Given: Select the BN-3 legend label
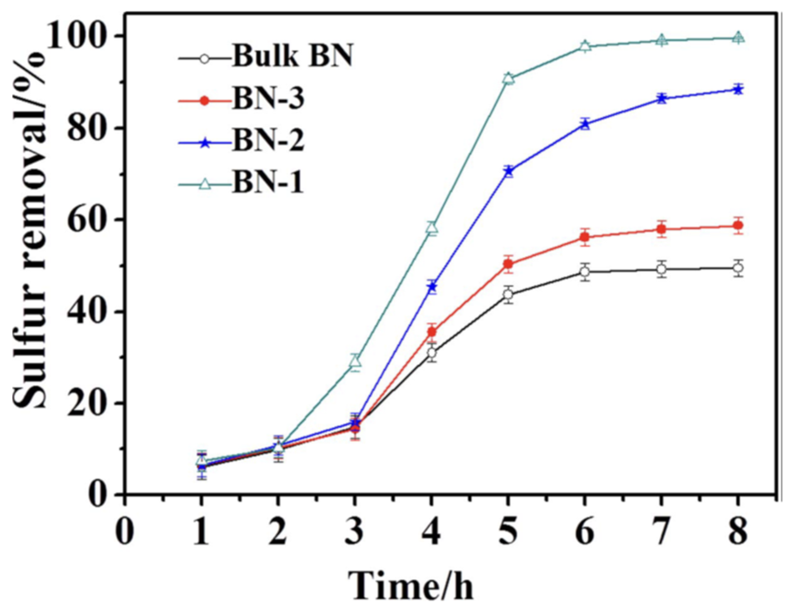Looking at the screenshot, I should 268,99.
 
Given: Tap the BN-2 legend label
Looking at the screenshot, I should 268,141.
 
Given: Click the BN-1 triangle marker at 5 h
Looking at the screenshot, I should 509,78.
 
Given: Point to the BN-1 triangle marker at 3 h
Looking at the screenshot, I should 355,361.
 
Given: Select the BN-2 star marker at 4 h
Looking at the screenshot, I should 432,287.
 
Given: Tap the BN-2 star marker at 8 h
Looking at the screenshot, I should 738,89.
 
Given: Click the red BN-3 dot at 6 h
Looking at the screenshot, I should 585,237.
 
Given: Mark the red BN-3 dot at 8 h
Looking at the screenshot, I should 738,225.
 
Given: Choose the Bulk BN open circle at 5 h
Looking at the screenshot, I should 509,294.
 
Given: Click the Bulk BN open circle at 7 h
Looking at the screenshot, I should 662,269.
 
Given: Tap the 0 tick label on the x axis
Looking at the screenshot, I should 125,531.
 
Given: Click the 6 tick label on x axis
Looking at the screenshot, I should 585,531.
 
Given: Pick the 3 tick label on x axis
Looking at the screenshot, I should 355,531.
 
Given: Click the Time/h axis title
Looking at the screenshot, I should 411,586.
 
